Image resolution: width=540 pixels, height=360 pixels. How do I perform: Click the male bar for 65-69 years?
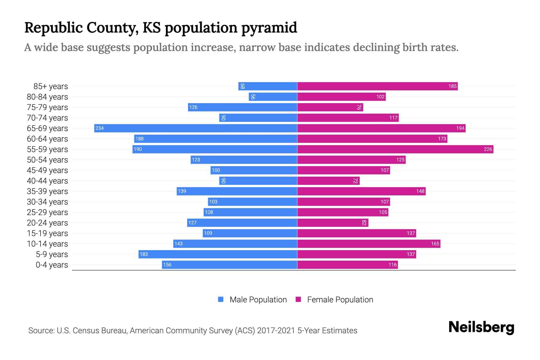point(196,128)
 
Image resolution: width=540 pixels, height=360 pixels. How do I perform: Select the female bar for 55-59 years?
point(395,149)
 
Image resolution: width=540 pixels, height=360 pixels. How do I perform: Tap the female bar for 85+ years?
point(377,86)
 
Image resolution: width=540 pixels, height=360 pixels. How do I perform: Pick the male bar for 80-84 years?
point(273,97)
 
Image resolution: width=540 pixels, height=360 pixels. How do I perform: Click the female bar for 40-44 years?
point(328,181)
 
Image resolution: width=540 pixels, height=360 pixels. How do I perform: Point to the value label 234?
point(100,128)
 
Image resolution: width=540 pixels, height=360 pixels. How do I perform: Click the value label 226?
point(488,149)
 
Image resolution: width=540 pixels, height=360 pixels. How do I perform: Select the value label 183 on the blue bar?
point(144,254)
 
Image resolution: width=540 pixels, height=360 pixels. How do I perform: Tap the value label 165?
point(435,244)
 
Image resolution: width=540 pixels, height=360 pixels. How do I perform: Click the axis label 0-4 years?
point(52,265)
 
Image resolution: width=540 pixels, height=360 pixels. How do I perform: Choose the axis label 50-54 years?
point(47,160)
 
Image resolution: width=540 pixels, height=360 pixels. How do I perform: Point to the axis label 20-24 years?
point(47,223)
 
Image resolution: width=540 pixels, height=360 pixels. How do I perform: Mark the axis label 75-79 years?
point(47,107)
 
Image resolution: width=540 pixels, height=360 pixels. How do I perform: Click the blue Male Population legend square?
point(221,299)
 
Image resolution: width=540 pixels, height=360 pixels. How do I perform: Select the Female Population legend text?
point(340,300)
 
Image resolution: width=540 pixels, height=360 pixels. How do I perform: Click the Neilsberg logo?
point(481,327)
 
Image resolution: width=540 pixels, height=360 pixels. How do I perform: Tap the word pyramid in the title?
point(269,28)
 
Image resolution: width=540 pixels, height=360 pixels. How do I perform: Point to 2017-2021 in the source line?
point(276,331)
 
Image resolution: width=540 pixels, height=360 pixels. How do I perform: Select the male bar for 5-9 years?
point(218,254)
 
